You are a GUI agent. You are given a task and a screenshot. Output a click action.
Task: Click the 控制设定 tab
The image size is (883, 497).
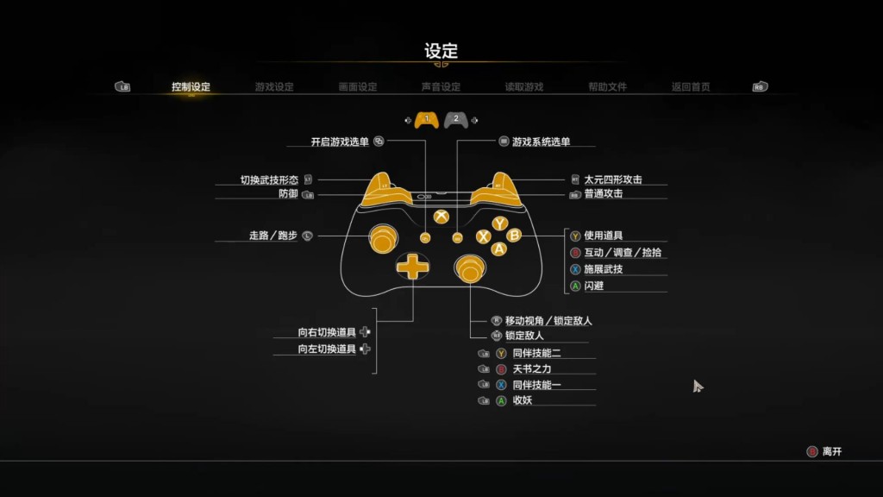point(191,87)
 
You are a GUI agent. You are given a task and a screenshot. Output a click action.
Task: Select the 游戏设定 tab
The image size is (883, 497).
point(274,87)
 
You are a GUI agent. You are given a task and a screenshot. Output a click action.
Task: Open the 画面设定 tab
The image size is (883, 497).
point(358,87)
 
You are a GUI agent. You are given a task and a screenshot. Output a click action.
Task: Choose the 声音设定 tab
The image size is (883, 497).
point(441,87)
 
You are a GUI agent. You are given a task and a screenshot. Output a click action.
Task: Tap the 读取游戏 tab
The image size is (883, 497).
point(524,87)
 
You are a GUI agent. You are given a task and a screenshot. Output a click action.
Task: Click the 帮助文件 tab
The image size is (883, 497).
point(608,87)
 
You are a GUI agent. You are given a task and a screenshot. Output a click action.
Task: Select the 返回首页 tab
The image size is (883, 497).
point(691,87)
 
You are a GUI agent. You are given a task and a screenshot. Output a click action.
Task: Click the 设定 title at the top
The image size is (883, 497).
point(441,51)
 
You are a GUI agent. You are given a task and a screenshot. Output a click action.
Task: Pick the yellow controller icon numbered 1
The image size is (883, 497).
point(426,119)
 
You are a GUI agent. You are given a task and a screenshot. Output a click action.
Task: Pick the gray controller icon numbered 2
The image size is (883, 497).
point(456,119)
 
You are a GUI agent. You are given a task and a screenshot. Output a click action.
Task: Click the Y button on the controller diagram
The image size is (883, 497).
point(499,223)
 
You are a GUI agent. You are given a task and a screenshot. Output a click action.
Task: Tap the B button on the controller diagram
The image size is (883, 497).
point(514,235)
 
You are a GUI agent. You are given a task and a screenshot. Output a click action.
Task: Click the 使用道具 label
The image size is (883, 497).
point(603,236)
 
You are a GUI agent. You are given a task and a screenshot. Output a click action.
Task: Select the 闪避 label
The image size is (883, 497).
point(593,286)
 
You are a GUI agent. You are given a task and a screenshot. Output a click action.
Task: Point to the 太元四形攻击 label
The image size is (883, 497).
point(612,180)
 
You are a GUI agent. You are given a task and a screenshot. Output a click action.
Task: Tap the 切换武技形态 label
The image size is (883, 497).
point(269,180)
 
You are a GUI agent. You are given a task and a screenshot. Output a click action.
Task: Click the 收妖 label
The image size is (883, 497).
point(523,400)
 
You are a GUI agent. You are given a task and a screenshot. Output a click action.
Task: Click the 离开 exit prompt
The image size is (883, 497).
point(831,451)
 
